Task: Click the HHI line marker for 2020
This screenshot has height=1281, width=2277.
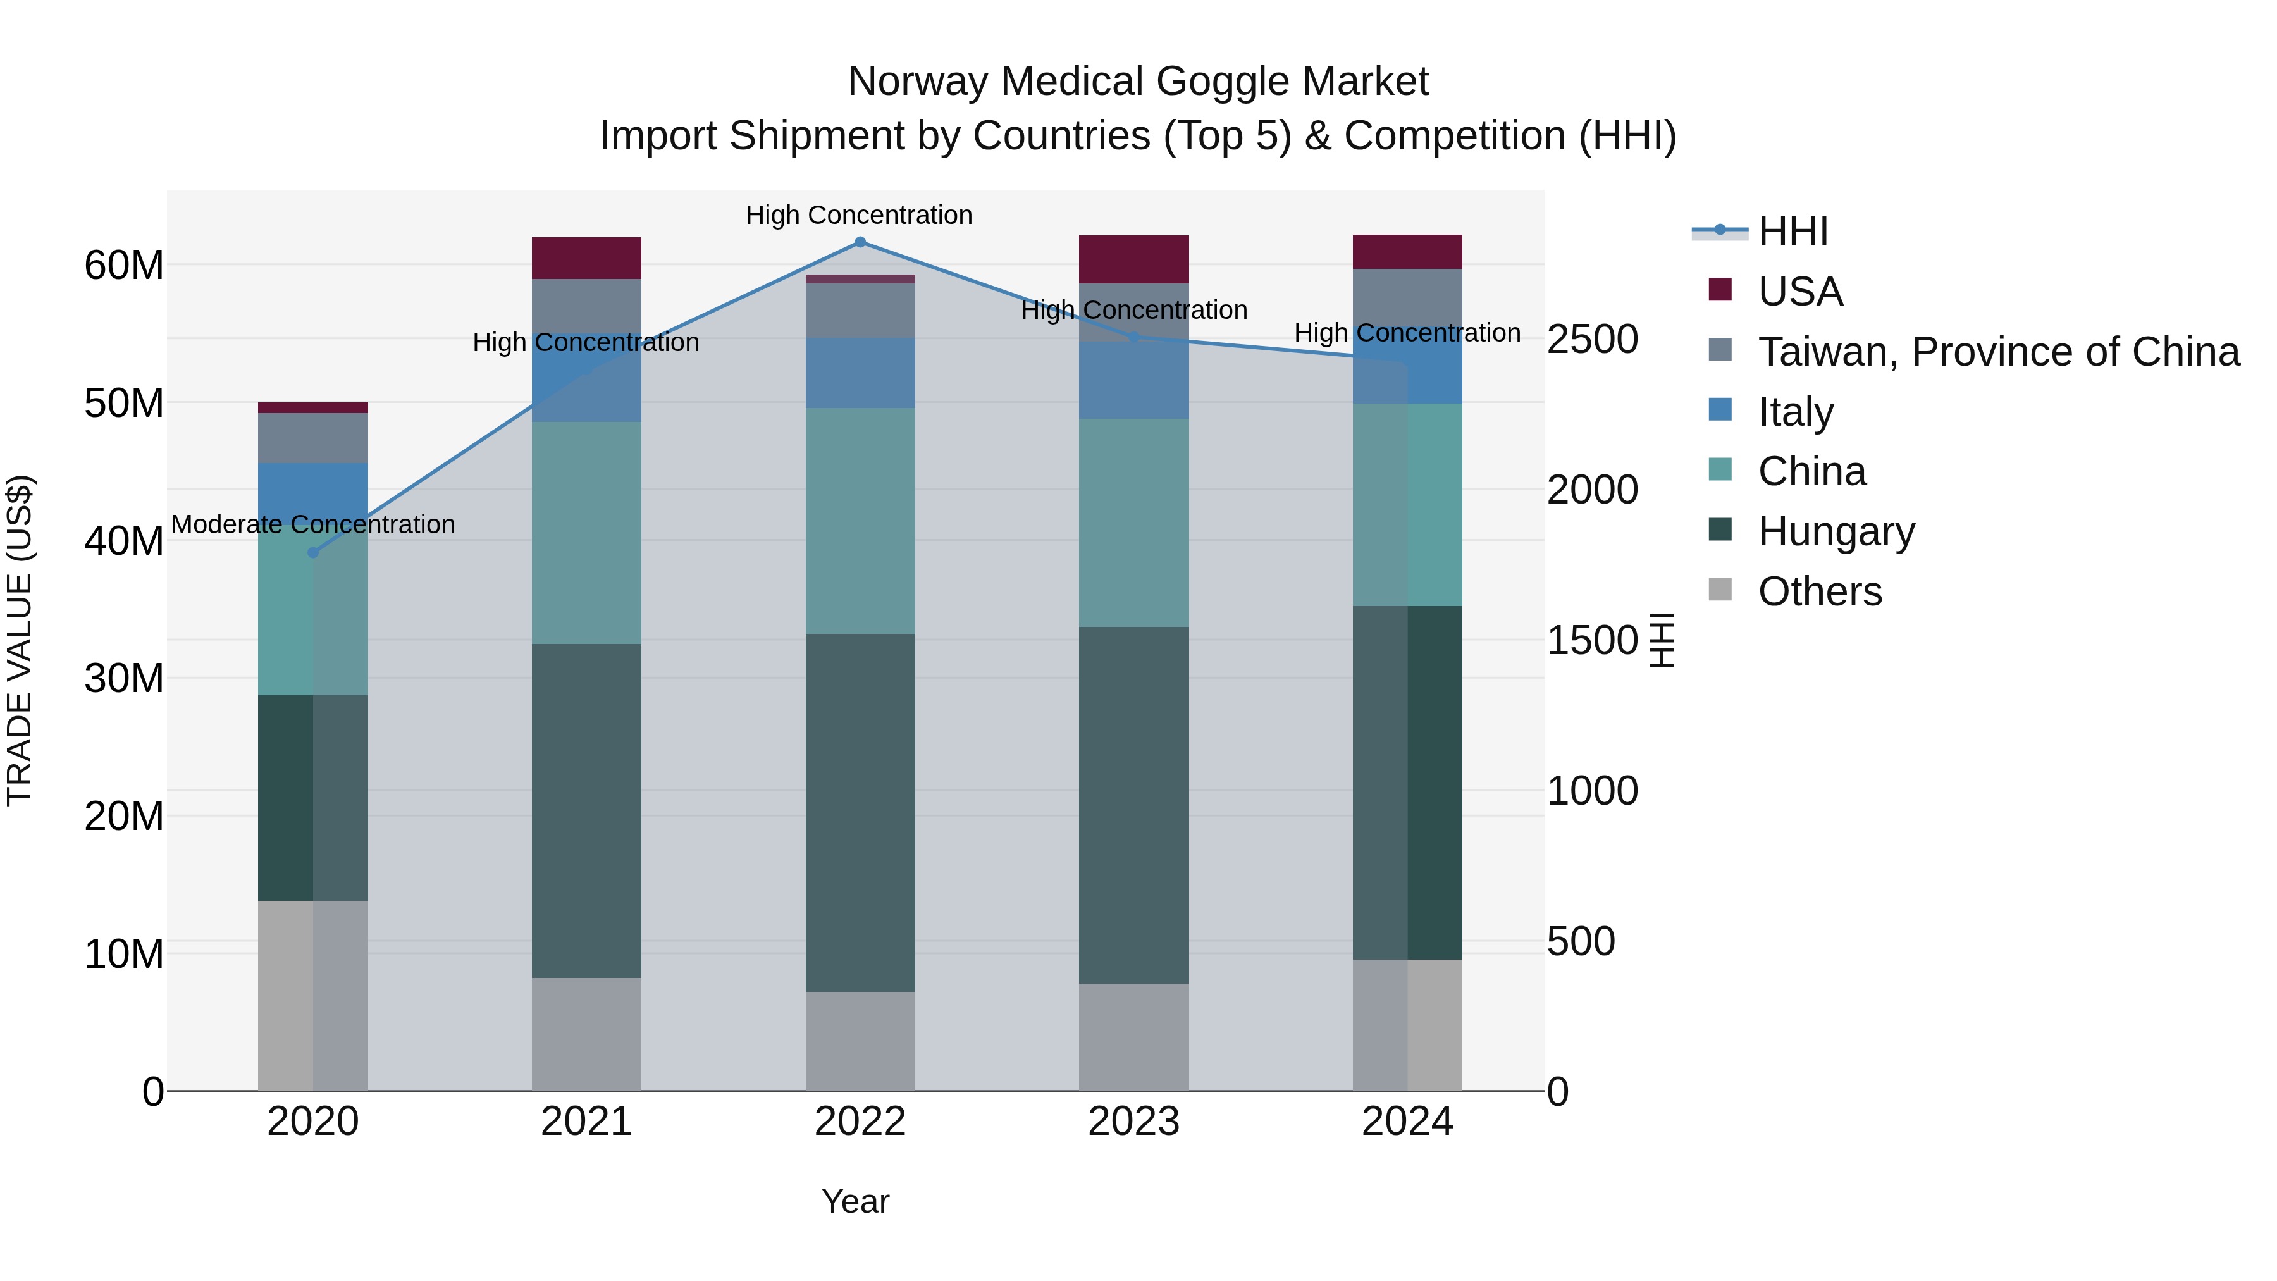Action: (x=313, y=552)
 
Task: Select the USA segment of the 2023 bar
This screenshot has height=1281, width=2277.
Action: (x=1133, y=259)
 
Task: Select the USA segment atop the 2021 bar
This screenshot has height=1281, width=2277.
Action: (x=586, y=258)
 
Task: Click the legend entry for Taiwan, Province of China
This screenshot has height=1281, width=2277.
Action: (x=1997, y=351)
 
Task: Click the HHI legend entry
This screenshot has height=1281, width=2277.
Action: (x=1793, y=232)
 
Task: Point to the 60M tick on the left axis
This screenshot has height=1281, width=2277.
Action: (x=124, y=265)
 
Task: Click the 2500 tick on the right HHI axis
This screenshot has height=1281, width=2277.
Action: (x=1592, y=340)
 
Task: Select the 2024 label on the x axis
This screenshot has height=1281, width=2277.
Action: (x=1407, y=1122)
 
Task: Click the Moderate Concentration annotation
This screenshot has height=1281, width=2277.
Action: (x=313, y=524)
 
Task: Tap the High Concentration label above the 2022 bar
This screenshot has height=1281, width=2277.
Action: (x=859, y=215)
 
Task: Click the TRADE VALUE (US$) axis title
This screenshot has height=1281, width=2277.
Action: (x=20, y=640)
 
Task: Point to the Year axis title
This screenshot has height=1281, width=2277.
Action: (x=855, y=1201)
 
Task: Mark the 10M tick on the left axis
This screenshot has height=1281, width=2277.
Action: (x=124, y=954)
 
